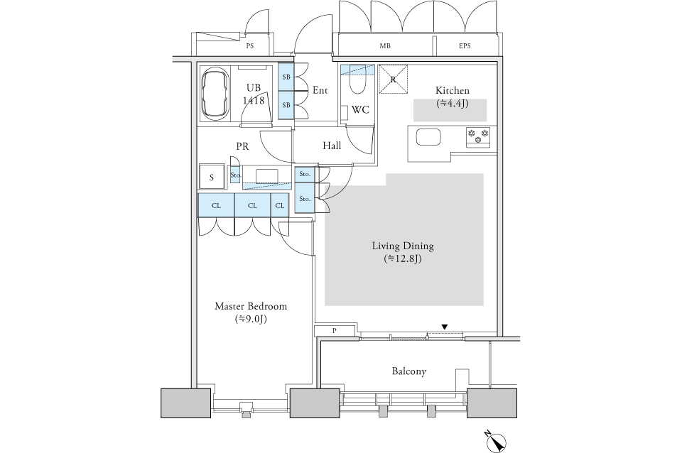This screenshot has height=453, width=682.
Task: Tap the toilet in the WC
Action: pyautogui.click(x=358, y=81)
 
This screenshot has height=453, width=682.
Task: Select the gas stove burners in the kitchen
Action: pyautogui.click(x=478, y=137)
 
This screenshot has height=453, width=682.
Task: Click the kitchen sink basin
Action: pyautogui.click(x=429, y=137)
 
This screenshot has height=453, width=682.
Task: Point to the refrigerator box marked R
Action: pyautogui.click(x=393, y=79)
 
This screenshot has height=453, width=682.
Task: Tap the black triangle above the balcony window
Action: pyautogui.click(x=445, y=327)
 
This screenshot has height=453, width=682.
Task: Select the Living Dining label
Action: pyautogui.click(x=403, y=246)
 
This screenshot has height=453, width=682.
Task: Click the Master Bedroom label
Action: pyautogui.click(x=251, y=306)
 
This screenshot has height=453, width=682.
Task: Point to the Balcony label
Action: pyautogui.click(x=409, y=371)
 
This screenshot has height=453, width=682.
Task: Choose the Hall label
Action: pyautogui.click(x=332, y=146)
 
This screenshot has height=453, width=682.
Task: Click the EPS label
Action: pyautogui.click(x=465, y=45)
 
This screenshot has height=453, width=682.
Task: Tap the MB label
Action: pyautogui.click(x=385, y=45)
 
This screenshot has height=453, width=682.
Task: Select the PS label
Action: pyautogui.click(x=249, y=45)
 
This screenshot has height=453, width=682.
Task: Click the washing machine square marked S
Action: pyautogui.click(x=212, y=177)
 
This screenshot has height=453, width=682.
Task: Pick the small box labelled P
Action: pyautogui.click(x=335, y=330)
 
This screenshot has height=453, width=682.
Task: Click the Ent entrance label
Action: pyautogui.click(x=320, y=90)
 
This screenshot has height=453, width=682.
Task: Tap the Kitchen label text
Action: pyautogui.click(x=453, y=90)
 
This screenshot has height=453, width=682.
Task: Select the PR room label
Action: pyautogui.click(x=242, y=146)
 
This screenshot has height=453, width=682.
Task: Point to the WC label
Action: pyautogui.click(x=360, y=110)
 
